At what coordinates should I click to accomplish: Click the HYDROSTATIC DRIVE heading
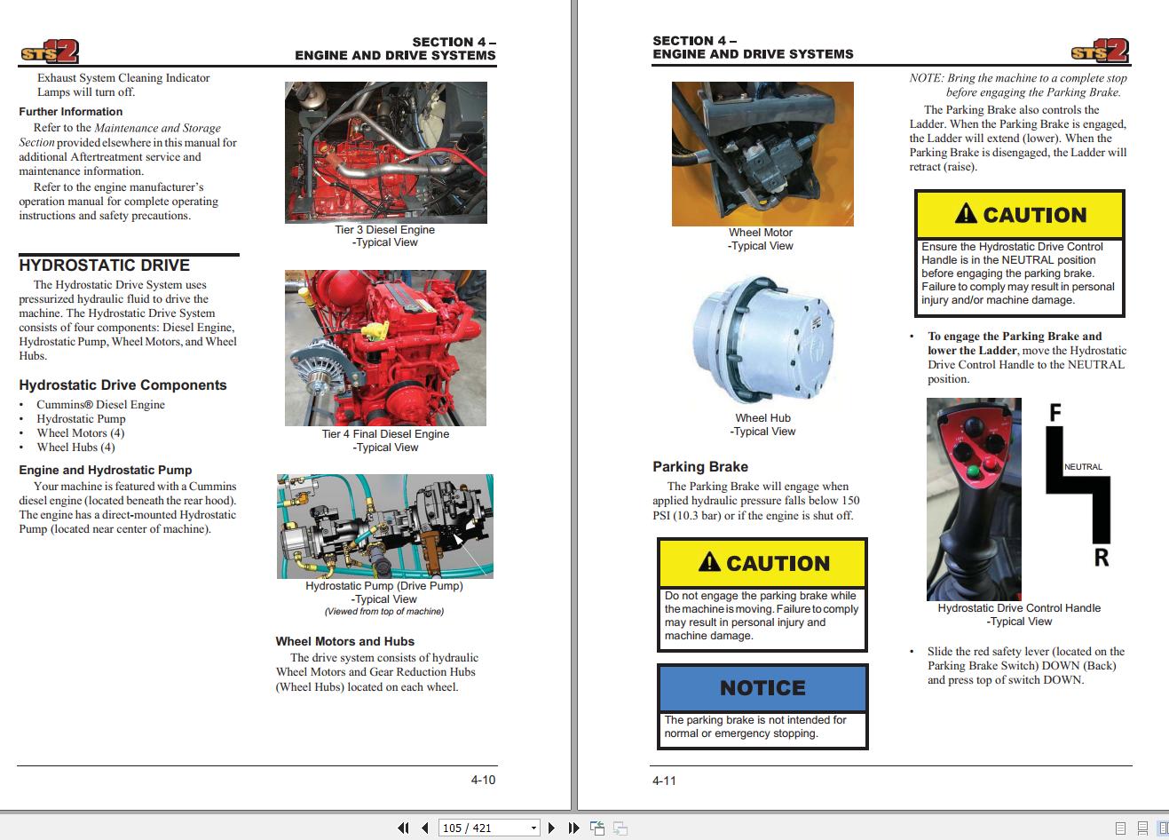105,265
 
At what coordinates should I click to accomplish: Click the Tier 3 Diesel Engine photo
385,152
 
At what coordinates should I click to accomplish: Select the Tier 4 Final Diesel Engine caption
385,434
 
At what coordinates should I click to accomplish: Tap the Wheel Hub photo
762,337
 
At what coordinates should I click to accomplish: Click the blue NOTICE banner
762,688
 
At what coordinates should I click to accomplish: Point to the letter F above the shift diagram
1054,413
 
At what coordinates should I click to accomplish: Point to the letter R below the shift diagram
1101,558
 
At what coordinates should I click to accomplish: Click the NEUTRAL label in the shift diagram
1083,467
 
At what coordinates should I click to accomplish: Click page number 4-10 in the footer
483,780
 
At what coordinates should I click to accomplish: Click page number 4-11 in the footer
664,781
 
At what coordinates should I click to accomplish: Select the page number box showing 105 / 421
489,828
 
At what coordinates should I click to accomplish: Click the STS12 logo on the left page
50,52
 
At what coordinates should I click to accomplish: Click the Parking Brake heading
700,467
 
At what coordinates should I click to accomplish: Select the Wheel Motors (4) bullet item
80,433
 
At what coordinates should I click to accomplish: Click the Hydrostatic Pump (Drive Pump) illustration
385,527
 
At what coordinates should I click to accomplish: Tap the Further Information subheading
71,112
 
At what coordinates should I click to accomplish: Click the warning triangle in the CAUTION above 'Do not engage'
709,562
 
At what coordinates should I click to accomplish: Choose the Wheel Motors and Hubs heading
344,641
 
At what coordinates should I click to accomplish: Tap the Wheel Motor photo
762,154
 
